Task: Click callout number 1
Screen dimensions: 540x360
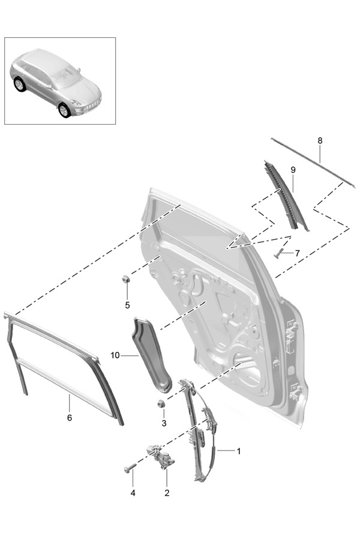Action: [x=238, y=451]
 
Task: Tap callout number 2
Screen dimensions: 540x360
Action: [x=167, y=493]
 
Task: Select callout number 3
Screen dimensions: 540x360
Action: [x=163, y=424]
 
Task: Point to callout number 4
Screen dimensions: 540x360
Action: [x=133, y=493]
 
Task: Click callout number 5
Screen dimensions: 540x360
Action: [x=127, y=305]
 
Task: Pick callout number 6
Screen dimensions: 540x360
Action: [x=69, y=417]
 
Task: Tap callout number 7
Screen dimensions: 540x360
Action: [x=297, y=253]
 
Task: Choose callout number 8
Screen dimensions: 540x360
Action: [x=320, y=140]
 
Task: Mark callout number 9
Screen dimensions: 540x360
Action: [x=293, y=170]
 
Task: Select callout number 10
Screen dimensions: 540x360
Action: [x=115, y=355]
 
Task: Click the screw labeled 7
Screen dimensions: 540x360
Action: [x=279, y=254]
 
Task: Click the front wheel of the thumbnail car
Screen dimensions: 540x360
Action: [x=64, y=110]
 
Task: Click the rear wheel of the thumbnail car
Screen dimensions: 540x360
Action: [x=19, y=84]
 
